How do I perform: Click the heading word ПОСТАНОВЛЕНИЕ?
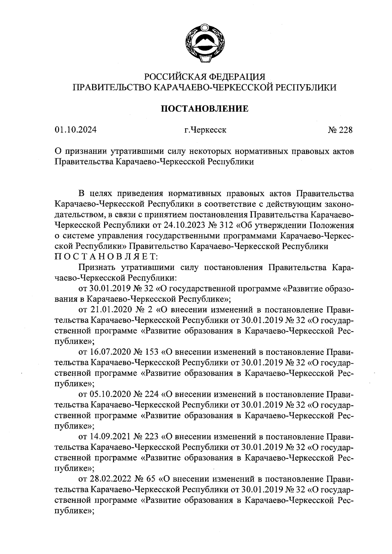tap(205, 109)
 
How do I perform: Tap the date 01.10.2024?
tap(75, 130)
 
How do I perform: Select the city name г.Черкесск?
tap(205, 130)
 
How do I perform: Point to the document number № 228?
tap(340, 130)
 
